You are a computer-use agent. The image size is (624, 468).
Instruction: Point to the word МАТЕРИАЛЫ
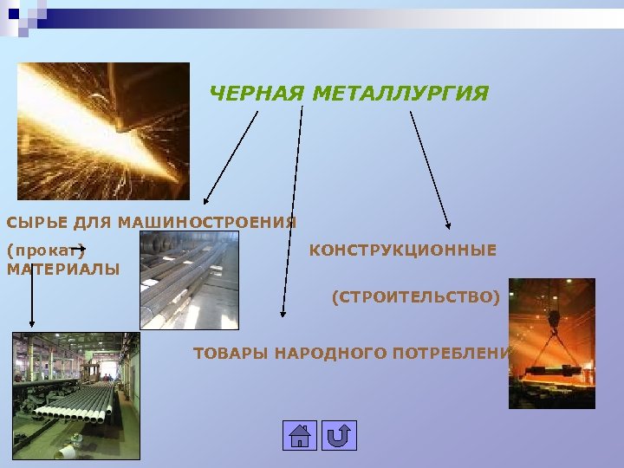tap(63, 270)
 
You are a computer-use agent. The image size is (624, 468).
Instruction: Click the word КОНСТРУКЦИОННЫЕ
tap(403, 250)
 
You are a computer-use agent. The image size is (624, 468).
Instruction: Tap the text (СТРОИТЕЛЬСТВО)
tap(416, 298)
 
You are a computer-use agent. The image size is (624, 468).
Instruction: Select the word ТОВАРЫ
tap(230, 354)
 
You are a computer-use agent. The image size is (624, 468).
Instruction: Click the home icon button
tap(299, 435)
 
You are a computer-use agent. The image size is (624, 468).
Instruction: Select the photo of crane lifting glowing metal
tap(551, 343)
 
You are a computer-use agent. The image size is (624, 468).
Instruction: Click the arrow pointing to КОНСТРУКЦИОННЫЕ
tap(429, 169)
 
